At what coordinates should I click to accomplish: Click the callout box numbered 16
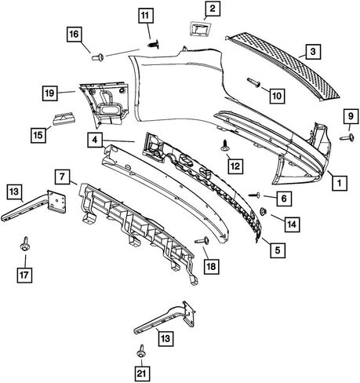pos(75,35)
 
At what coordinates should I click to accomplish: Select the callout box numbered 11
pos(145,16)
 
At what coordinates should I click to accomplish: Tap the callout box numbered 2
pos(213,9)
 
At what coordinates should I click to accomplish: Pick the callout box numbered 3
pos(313,52)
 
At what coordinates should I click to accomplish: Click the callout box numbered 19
pos(49,93)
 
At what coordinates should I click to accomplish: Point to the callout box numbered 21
pos(141,374)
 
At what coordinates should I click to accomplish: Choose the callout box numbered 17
pos(24,275)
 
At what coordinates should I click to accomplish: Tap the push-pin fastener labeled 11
pos(154,44)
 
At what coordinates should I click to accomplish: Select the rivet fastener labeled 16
pos(97,57)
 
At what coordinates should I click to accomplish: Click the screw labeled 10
pos(253,82)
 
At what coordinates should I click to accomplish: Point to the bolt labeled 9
pos(347,137)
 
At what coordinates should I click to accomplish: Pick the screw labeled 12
pos(225,145)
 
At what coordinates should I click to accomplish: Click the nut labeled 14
pos(262,211)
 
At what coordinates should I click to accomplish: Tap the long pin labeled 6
pos(254,195)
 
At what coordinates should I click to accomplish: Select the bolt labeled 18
pos(202,240)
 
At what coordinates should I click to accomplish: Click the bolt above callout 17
pos(24,244)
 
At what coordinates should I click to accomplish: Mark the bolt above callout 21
pos(141,351)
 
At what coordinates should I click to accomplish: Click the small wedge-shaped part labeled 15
pos(64,119)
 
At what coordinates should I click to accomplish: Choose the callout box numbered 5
pos(278,250)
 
